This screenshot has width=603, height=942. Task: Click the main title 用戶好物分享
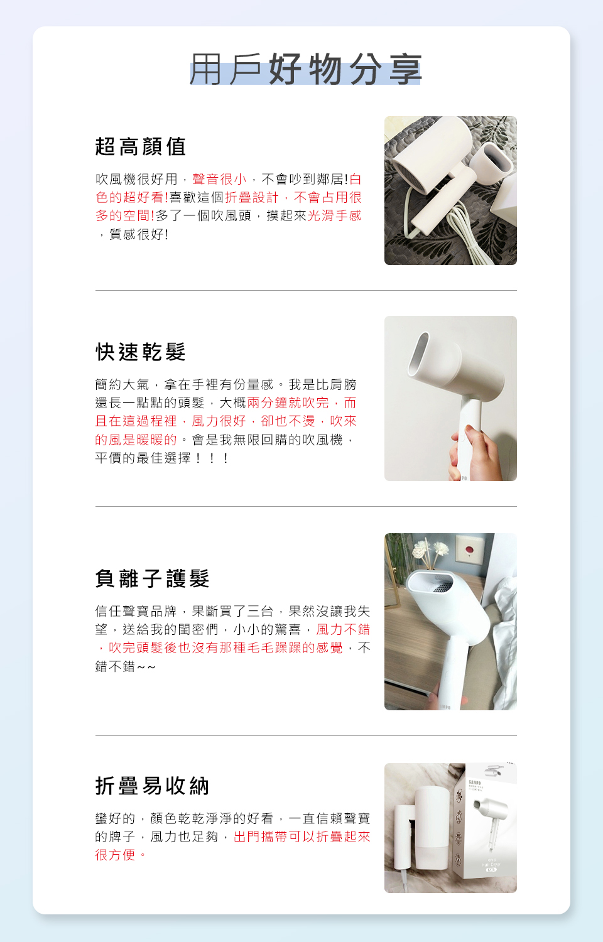pyautogui.click(x=306, y=69)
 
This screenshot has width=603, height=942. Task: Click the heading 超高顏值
pyautogui.click(x=141, y=147)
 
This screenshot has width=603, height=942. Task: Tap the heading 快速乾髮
pyautogui.click(x=141, y=352)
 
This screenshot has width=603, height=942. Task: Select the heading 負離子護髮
pyautogui.click(x=152, y=578)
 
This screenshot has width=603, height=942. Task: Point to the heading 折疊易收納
pyautogui.click(x=152, y=786)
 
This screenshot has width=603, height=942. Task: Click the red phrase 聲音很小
pyautogui.click(x=219, y=179)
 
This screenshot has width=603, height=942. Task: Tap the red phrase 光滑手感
pyautogui.click(x=334, y=216)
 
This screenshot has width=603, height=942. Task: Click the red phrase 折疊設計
pyautogui.click(x=251, y=197)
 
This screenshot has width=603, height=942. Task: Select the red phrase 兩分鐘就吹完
pyautogui.click(x=288, y=403)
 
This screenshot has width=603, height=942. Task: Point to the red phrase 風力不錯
pyautogui.click(x=343, y=629)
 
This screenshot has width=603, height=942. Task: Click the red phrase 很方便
pyautogui.click(x=115, y=855)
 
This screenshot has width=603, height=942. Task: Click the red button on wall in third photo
pyautogui.click(x=468, y=549)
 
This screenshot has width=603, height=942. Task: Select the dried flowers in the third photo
pyautogui.click(x=431, y=549)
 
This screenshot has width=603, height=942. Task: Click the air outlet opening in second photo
pyautogui.click(x=419, y=354)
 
